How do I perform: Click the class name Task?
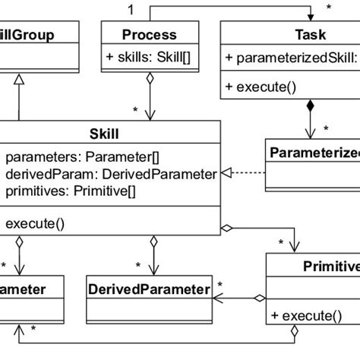point(310,34)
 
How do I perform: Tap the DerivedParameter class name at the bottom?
point(149,289)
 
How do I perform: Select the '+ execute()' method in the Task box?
point(258,87)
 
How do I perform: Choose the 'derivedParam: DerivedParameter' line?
point(111,174)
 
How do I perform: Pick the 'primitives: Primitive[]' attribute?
point(73,191)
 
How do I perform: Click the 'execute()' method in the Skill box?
point(34,223)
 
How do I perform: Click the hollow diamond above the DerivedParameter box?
point(154,242)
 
